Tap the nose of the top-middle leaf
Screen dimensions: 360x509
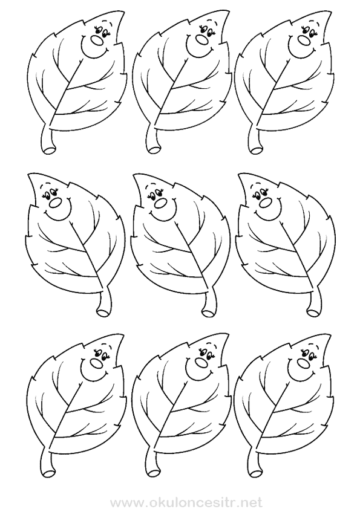(x=201, y=40)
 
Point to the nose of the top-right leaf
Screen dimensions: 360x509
(x=304, y=40)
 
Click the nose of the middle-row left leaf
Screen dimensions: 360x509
(x=56, y=203)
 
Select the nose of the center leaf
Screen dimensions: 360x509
(x=161, y=203)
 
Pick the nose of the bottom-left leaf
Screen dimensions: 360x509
(x=96, y=362)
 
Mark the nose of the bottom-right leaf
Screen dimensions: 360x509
(x=304, y=362)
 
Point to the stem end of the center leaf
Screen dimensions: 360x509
(x=208, y=313)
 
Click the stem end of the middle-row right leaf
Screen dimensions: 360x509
(x=313, y=313)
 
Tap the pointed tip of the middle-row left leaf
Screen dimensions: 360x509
(x=29, y=174)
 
